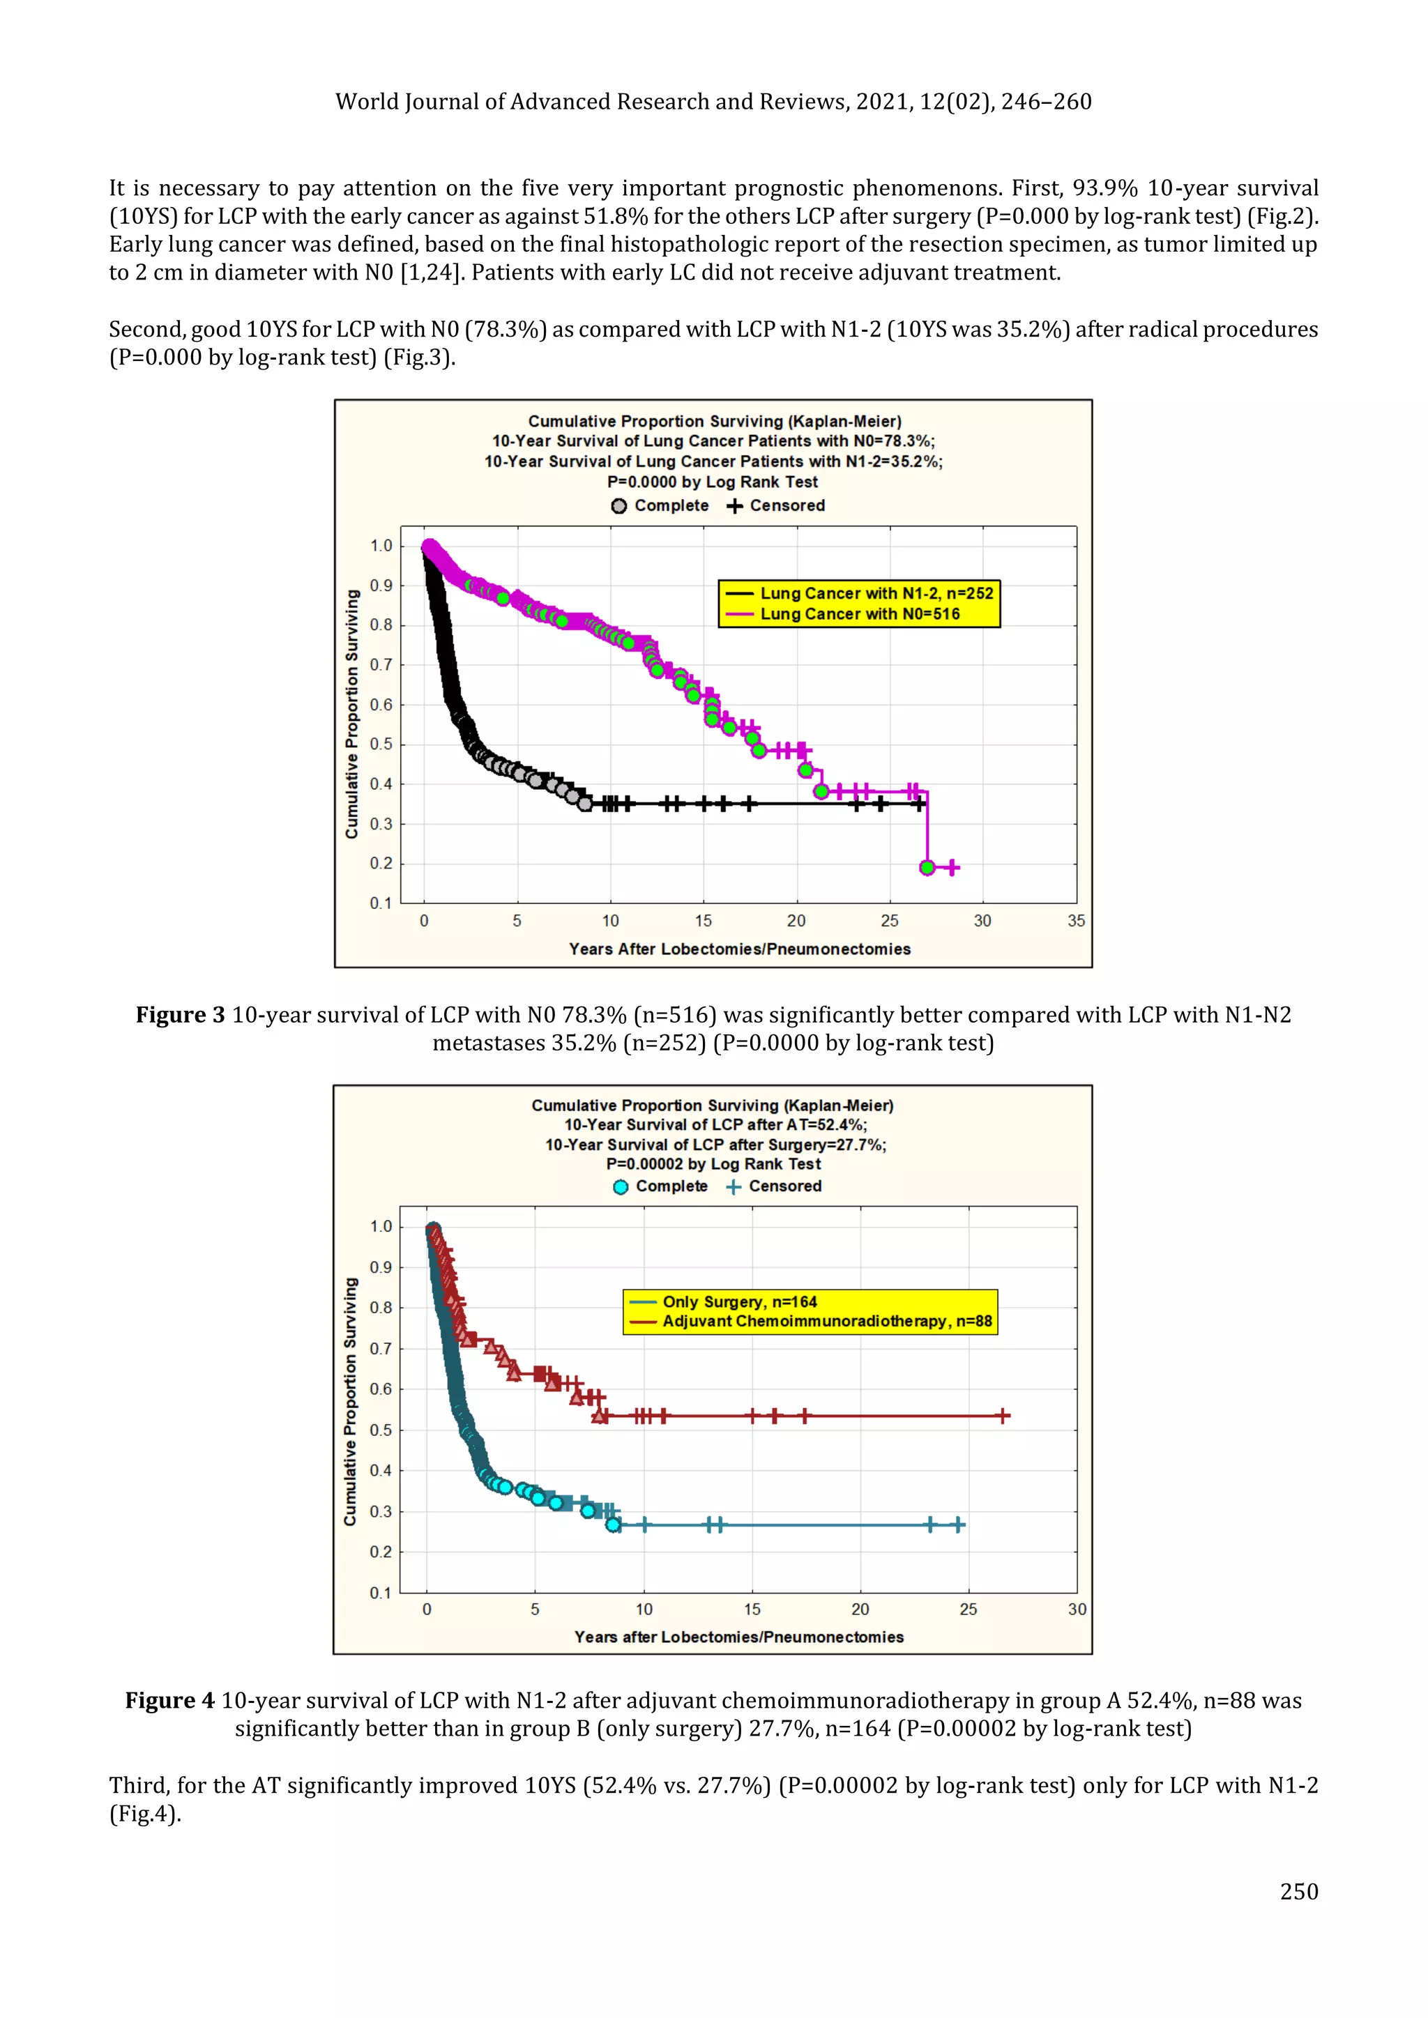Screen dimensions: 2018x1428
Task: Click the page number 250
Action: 1299,1890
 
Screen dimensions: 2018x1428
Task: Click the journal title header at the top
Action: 713,102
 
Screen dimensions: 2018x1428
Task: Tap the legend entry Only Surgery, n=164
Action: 738,1301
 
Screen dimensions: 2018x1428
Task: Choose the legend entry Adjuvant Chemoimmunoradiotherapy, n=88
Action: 826,1321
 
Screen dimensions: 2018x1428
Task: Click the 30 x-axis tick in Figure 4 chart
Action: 1077,1610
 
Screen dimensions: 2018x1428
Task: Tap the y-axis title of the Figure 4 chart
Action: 351,1401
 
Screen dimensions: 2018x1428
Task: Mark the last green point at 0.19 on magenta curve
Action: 927,867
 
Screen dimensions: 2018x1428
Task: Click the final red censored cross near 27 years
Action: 1003,1416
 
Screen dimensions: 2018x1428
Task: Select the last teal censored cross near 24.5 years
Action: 959,1525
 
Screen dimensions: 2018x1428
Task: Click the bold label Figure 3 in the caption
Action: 181,1015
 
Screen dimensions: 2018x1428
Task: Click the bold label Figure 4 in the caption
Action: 169,1701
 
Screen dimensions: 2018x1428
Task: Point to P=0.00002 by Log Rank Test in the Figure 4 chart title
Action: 713,1163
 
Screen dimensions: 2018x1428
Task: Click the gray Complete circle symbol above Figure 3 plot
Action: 619,506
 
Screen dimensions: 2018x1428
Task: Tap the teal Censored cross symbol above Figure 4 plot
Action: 734,1187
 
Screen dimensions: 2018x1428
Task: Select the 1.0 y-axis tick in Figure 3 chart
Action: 381,546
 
